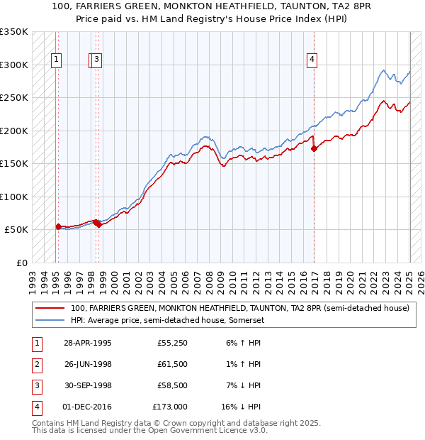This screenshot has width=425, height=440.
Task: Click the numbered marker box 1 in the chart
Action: [56, 60]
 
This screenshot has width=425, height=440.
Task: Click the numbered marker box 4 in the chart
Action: [312, 60]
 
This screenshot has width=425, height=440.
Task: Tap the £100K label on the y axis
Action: [14, 197]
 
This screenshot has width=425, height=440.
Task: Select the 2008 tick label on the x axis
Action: [209, 277]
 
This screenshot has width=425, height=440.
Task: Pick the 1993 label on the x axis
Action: [33, 277]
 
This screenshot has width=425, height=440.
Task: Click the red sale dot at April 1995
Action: [59, 226]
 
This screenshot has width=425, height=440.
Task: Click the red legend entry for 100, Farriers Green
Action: [239, 308]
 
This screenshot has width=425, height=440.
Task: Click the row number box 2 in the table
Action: [36, 364]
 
